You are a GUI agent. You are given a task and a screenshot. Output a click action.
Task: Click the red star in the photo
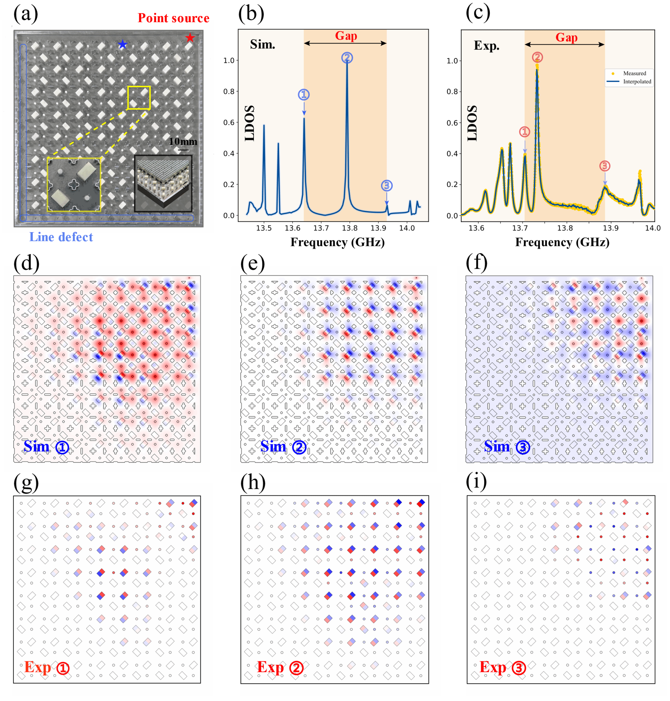click(x=190, y=37)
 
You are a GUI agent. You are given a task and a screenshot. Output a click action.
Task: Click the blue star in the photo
click(x=122, y=44)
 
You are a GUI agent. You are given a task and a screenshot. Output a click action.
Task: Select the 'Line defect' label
click(x=61, y=237)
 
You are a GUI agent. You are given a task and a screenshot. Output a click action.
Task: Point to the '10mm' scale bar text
click(x=183, y=141)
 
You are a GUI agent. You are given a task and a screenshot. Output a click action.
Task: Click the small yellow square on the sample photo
click(x=139, y=98)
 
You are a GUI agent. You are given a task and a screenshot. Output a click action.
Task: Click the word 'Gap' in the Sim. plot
click(x=346, y=36)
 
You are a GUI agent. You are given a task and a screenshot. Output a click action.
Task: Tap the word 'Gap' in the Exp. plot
click(x=566, y=37)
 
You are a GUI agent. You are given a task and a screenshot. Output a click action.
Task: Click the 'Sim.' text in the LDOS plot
click(x=262, y=44)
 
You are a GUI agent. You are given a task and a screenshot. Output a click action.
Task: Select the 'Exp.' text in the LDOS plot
click(x=486, y=46)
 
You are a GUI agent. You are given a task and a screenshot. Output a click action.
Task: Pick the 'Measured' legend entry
click(x=634, y=73)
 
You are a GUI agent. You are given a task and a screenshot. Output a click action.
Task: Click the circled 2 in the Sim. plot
click(x=347, y=58)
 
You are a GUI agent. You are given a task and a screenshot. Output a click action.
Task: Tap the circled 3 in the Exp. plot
click(x=604, y=166)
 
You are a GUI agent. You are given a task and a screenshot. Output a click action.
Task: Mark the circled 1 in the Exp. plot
click(x=524, y=132)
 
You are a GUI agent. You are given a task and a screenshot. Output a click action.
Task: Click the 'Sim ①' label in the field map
click(x=46, y=447)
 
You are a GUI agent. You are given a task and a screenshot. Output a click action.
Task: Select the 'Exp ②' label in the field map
click(x=280, y=667)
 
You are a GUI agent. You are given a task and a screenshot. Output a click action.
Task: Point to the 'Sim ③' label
click(x=507, y=447)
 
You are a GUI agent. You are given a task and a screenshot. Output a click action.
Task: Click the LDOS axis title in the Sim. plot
click(x=250, y=123)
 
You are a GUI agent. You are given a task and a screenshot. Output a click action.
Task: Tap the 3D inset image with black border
click(x=163, y=183)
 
